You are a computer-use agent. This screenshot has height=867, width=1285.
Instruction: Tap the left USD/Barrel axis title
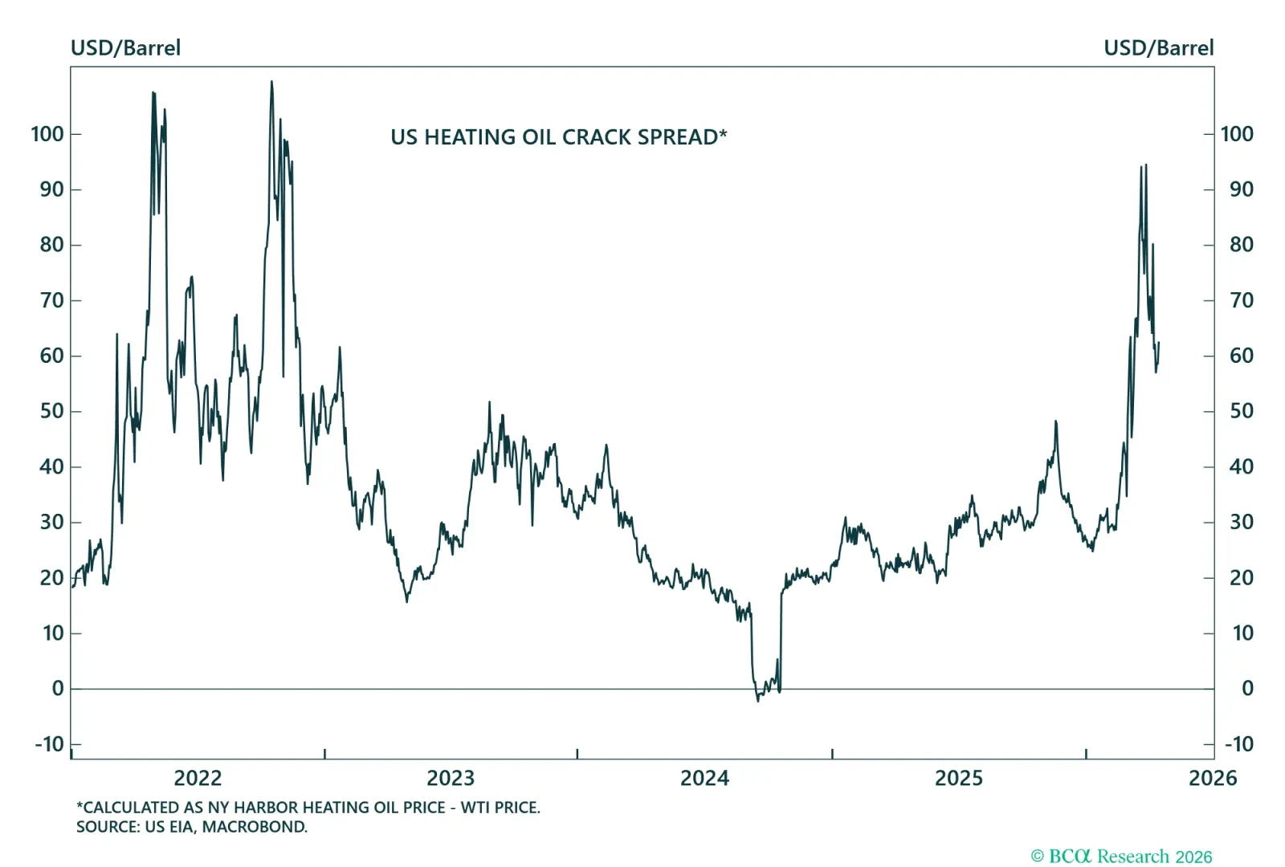click(x=125, y=48)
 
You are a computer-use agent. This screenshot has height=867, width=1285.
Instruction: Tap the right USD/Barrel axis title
click(x=1158, y=48)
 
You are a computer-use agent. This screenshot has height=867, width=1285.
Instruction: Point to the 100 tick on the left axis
click(x=47, y=134)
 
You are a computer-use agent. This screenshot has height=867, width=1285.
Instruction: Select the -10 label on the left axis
click(x=49, y=744)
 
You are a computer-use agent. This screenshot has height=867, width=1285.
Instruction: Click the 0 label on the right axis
click(x=1247, y=689)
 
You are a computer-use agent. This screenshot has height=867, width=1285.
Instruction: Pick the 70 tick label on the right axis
click(x=1241, y=300)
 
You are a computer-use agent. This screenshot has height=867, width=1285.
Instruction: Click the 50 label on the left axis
click(x=51, y=411)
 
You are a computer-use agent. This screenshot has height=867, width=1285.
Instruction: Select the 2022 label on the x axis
click(x=198, y=778)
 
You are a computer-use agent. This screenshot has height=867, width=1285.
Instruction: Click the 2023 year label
click(x=451, y=778)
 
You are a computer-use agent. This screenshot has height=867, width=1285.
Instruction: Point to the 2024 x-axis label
click(x=704, y=778)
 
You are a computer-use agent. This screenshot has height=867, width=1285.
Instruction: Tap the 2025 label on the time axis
click(x=958, y=778)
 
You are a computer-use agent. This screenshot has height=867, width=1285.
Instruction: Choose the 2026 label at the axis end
click(x=1212, y=778)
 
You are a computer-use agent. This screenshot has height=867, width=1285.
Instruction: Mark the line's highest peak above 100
click(x=271, y=82)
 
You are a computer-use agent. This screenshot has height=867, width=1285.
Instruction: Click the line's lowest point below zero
click(x=758, y=701)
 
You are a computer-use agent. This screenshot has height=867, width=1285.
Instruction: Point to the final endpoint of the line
click(x=1159, y=344)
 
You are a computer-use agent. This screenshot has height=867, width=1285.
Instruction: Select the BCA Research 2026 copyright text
click(x=1121, y=857)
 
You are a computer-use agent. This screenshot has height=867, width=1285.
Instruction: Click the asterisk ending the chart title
click(x=724, y=132)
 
